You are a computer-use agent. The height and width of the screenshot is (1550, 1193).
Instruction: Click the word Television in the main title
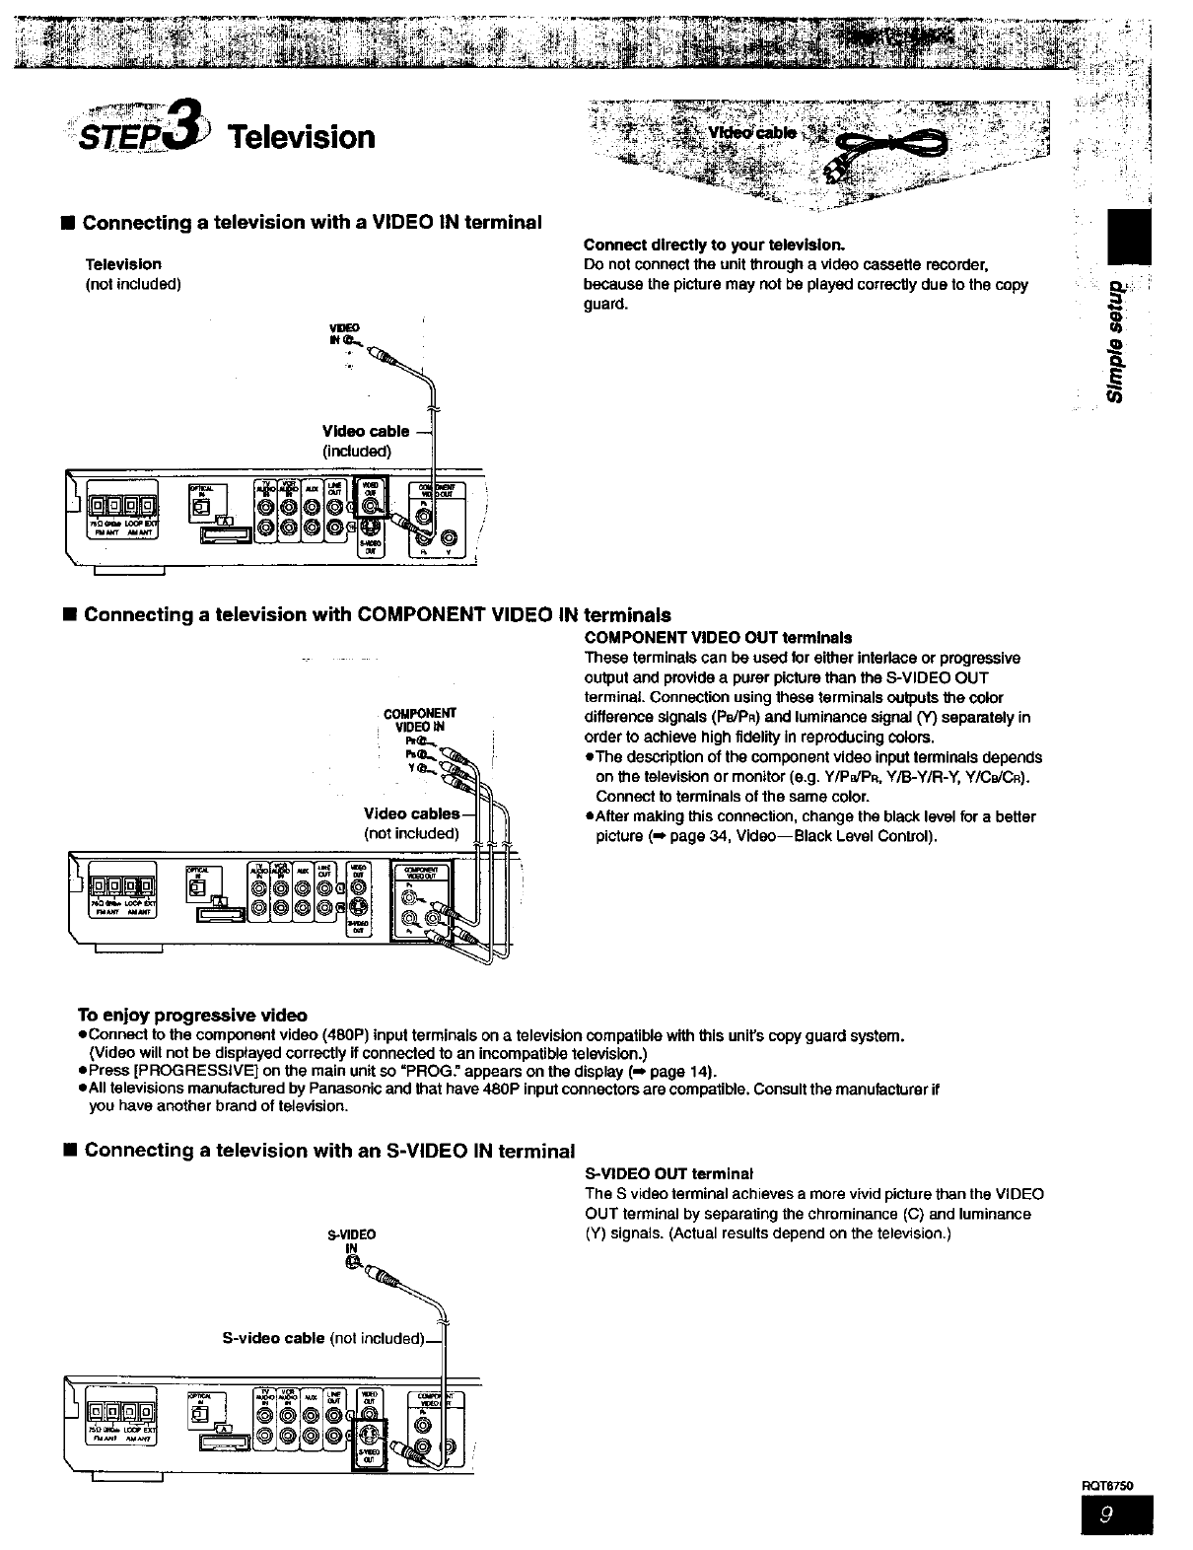302,136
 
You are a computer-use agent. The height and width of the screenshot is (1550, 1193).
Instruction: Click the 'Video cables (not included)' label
412,823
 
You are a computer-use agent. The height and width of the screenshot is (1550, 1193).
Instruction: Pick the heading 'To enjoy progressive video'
192,1016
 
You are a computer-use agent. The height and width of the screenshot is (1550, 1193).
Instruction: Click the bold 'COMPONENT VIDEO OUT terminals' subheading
718,637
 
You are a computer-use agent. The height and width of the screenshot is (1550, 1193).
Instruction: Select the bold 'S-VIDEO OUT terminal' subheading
668,1174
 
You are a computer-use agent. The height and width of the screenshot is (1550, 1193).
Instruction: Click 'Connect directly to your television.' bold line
715,245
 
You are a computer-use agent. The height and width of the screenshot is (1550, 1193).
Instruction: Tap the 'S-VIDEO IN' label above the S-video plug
351,1241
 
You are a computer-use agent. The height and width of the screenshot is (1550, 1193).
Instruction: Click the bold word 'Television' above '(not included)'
123,264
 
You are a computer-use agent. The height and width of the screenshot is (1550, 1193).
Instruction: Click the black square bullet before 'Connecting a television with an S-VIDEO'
67,1151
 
